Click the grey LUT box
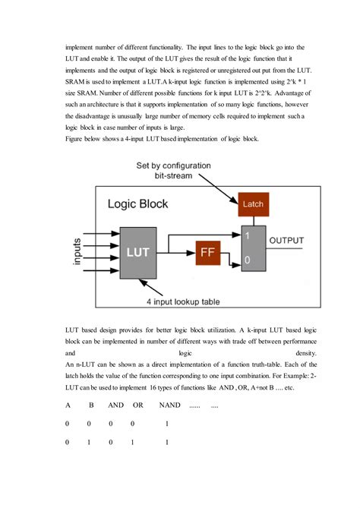tap(137, 251)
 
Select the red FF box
tap(207, 252)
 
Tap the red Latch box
tap(251, 204)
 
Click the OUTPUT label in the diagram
tap(286, 241)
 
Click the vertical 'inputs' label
tap(77, 251)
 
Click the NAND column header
tap(169, 405)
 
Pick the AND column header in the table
tap(115, 405)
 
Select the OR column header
tap(137, 405)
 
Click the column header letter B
tap(90, 405)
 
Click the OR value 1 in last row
tap(132, 441)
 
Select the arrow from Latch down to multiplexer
tap(251, 219)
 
